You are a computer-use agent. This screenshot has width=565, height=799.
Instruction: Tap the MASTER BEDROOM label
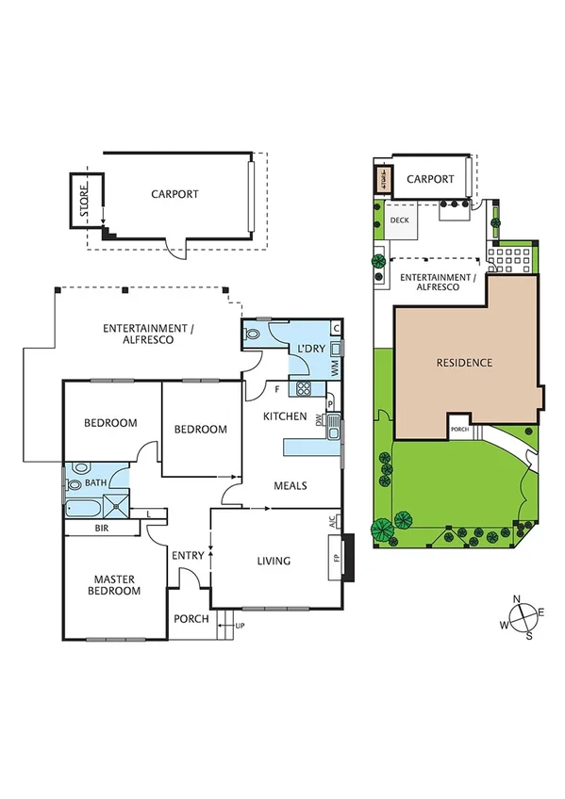coord(117,584)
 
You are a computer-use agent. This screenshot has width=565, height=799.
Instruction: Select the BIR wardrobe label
coord(102,530)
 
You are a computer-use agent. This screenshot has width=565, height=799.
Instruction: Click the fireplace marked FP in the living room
coord(336,556)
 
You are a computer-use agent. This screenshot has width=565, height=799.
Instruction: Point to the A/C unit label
coord(333,521)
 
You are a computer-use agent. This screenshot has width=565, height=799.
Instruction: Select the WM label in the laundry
coord(335,368)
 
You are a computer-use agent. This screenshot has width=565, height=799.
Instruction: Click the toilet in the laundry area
coord(253,333)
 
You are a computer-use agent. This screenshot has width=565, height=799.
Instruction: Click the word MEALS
coord(291,486)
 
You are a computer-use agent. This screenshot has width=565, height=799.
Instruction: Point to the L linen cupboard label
coord(149,514)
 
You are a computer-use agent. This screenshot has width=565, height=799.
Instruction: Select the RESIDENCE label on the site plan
coord(464,362)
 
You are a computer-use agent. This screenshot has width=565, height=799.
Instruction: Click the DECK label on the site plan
coord(399,221)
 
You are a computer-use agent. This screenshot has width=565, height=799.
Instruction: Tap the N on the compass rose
coord(517,600)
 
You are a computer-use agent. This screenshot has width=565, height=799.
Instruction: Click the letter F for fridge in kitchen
coord(277,388)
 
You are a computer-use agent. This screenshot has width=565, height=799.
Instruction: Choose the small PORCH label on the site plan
coord(459,429)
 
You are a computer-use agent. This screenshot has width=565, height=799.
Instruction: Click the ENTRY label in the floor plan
coord(188,556)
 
